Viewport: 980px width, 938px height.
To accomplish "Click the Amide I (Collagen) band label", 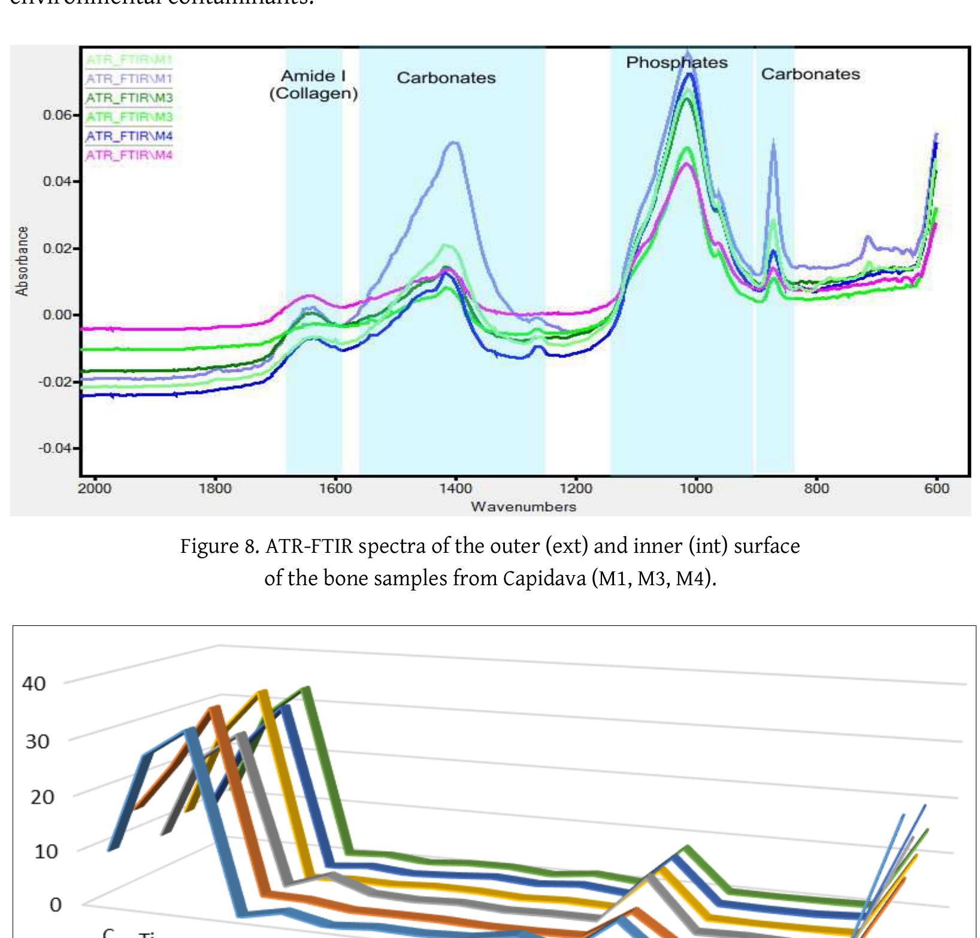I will pos(313,84).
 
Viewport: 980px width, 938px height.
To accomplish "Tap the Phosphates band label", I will pos(676,62).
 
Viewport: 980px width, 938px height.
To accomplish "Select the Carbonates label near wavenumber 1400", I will pos(446,78).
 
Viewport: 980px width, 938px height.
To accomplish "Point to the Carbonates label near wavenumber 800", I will pos(810,74).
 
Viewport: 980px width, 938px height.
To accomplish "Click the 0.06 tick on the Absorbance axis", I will pos(58,115).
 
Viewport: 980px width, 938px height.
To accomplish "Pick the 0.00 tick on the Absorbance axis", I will pos(58,315).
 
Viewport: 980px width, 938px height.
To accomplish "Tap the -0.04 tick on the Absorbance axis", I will pos(56,448).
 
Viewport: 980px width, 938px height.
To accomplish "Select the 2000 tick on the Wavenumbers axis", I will pos(95,489).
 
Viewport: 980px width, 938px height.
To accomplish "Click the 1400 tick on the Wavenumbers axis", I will pos(455,489).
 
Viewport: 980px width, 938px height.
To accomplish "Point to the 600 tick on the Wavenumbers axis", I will pos(936,489).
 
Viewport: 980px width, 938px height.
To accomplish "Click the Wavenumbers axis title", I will pos(523,507).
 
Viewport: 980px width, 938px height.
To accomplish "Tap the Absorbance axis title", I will pos(22,261).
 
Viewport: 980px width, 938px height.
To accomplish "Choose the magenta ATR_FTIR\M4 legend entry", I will pos(129,156).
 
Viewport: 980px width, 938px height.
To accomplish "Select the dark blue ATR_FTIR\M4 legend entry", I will pos(129,137).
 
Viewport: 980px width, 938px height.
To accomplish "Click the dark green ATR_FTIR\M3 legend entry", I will pos(129,98).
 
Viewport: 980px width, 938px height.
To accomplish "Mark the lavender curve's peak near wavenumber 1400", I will pos(453,143).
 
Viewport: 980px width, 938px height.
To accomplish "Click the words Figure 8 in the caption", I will pos(219,546).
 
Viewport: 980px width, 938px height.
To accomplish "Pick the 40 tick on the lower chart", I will pos(34,683).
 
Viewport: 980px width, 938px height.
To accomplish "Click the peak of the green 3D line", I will pos(307,689).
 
